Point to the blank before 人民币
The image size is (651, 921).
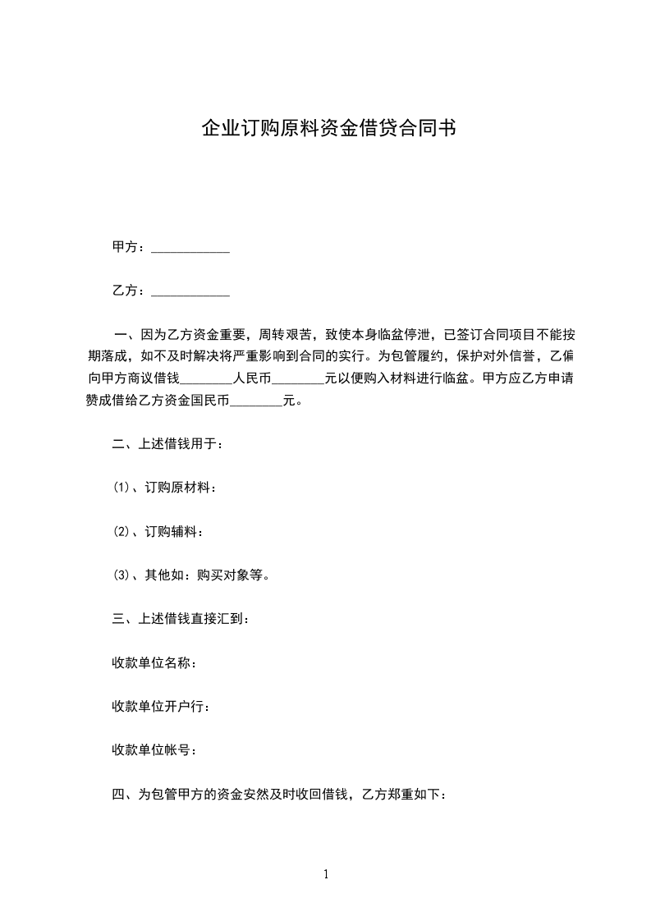tap(206, 379)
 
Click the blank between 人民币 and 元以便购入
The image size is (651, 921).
tap(298, 379)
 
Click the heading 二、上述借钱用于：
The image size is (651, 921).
tap(167, 445)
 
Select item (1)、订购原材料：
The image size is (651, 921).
tap(164, 488)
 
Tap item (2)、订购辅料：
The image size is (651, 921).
tap(158, 532)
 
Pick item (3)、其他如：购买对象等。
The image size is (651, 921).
tap(191, 575)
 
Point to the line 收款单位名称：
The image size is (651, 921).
tap(154, 662)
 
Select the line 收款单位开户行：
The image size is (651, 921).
tap(160, 706)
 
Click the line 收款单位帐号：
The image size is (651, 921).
tap(154, 749)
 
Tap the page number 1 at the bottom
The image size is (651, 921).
tap(326, 874)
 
